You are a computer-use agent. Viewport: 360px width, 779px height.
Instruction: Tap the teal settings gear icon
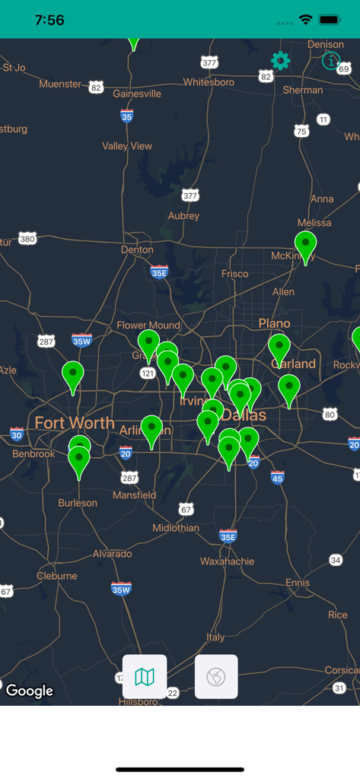coord(281,61)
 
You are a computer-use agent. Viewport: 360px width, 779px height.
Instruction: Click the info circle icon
coord(330,61)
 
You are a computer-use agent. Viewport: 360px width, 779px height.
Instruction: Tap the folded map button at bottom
coord(145,676)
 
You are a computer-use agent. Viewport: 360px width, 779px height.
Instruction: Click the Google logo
coord(30,691)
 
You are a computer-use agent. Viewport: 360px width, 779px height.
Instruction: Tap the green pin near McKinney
coord(306,246)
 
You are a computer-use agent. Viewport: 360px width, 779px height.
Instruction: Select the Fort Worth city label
coord(75,423)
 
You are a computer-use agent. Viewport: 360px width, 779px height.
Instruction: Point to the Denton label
coord(137,250)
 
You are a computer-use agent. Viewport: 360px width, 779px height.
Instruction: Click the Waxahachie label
coord(228,561)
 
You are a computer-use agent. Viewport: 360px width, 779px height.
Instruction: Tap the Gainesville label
coord(137,94)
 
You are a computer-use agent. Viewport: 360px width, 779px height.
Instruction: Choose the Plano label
coord(274,323)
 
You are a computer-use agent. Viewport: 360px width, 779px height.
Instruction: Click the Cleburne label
coord(57,576)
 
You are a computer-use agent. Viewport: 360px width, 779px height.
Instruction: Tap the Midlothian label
coord(176,528)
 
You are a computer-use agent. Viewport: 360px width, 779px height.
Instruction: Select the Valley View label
coord(127,146)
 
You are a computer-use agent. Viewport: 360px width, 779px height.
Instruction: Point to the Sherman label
coord(303,90)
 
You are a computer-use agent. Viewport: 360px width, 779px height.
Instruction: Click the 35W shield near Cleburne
coord(121,588)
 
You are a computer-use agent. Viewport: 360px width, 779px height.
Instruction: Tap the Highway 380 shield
coord(27,239)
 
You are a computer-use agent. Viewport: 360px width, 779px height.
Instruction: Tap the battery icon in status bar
coord(330,20)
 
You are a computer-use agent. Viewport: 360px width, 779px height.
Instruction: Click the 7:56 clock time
coord(49,21)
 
